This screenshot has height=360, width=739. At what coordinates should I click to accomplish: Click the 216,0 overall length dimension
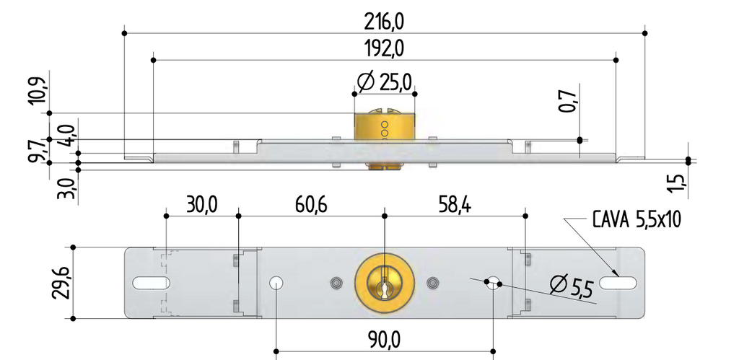coord(385,22)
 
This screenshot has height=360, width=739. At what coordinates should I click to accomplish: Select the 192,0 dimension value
coord(385,49)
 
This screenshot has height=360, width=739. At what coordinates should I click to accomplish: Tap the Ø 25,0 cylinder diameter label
coord(385,82)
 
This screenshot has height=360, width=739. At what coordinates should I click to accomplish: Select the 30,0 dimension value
coord(202,206)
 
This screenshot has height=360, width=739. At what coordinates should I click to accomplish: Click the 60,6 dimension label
coord(311,206)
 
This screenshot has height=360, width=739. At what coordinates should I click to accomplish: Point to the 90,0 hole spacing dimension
coord(385,339)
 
